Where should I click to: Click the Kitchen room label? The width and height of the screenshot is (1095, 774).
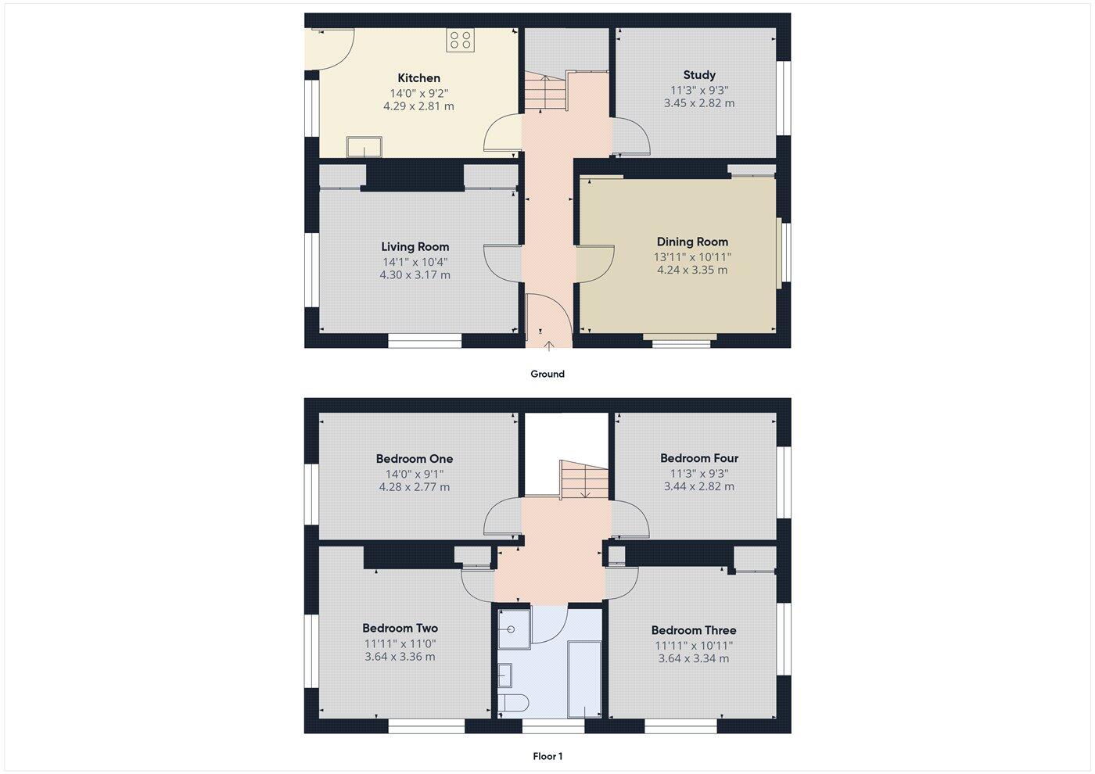pos(418,78)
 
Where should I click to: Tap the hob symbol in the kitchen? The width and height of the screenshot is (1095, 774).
pos(460,41)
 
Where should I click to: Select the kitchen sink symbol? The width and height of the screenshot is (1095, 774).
pos(364,146)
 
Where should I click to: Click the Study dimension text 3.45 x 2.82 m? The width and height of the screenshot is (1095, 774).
pos(698,103)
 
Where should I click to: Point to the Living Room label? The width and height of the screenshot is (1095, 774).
pos(415,247)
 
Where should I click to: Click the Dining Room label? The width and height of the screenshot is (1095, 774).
pos(692,242)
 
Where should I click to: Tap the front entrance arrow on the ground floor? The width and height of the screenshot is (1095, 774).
pos(549,344)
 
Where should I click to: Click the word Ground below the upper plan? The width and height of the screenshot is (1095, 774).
pos(547,374)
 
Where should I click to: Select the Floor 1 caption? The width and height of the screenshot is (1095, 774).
pos(547,757)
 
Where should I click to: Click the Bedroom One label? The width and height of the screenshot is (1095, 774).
pos(414,459)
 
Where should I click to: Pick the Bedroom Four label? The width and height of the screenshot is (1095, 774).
pos(698,458)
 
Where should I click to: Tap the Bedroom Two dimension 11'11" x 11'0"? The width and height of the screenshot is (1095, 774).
pos(400,644)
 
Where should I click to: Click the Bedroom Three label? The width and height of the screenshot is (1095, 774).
pos(693,630)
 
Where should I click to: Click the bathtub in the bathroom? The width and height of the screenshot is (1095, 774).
pos(584,679)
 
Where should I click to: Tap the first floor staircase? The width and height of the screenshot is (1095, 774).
pos(583,478)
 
